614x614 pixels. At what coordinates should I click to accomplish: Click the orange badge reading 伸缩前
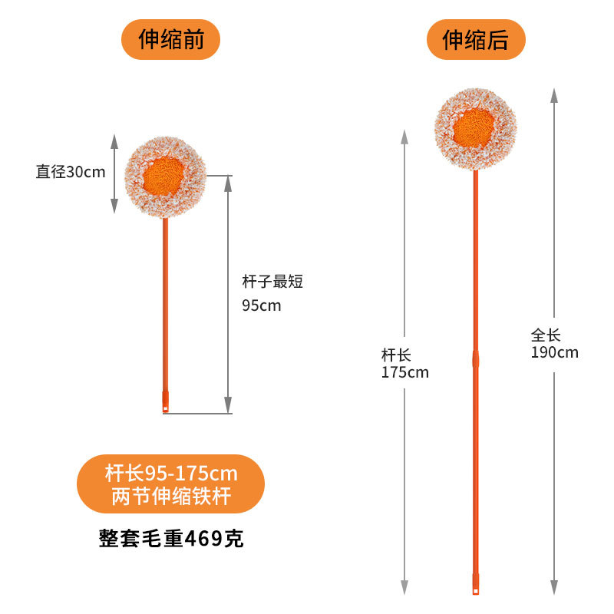pyautogui.click(x=170, y=40)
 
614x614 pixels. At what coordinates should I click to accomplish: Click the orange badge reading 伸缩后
pyautogui.click(x=475, y=40)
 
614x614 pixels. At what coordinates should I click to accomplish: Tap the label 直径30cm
pyautogui.click(x=71, y=172)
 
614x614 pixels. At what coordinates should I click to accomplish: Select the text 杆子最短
pyautogui.click(x=272, y=282)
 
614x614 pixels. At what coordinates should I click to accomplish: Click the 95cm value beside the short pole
pyautogui.click(x=262, y=305)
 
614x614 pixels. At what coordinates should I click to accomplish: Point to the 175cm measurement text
pyautogui.click(x=404, y=373)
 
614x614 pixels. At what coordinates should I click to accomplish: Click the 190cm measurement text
pyautogui.click(x=554, y=353)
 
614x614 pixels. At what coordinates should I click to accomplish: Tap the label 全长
pyautogui.click(x=546, y=335)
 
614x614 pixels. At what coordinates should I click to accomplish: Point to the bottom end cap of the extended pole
pyautogui.click(x=475, y=586)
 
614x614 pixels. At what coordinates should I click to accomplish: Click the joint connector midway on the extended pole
pyautogui.click(x=475, y=358)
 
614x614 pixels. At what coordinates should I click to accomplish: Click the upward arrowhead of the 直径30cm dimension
pyautogui.click(x=114, y=141)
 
